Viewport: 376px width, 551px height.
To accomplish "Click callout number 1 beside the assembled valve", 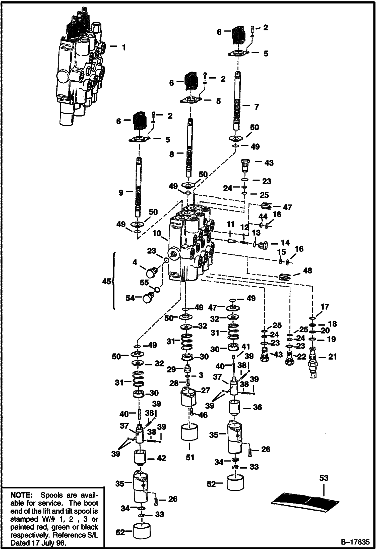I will click(124, 47).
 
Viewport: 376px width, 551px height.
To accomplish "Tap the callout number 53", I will click(324, 478).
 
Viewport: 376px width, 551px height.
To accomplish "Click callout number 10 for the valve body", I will click(157, 233).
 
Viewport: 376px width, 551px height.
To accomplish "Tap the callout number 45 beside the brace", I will click(106, 281).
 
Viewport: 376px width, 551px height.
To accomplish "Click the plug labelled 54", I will click(148, 298).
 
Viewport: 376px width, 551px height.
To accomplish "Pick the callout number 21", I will click(332, 356).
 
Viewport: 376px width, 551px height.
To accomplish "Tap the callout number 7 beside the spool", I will click(257, 107).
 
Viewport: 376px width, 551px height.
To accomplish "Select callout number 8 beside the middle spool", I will click(172, 154).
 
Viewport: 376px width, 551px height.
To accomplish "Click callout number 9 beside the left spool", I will click(121, 193).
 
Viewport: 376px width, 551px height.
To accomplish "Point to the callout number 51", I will click(190, 457).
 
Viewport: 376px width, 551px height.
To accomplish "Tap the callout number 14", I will click(285, 243).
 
